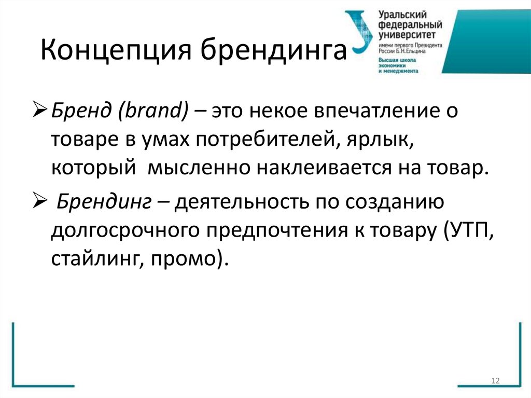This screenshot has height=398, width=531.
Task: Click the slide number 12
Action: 495,381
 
